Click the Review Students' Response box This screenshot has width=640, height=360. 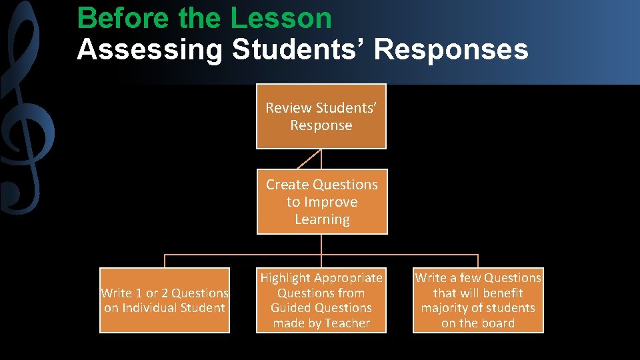(x=321, y=116)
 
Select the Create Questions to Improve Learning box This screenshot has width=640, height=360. (x=322, y=202)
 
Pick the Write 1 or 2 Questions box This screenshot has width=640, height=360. (x=165, y=300)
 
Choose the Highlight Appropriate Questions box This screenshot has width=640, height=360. (x=321, y=300)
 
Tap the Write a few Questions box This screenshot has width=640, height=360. (x=478, y=300)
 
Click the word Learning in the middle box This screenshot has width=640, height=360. (x=322, y=219)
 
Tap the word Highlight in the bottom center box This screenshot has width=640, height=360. (x=285, y=278)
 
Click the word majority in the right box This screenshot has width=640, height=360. (x=444, y=308)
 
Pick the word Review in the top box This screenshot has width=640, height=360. (x=289, y=108)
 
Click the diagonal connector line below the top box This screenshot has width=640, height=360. (x=309, y=159)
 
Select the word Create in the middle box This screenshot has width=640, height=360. (x=289, y=185)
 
